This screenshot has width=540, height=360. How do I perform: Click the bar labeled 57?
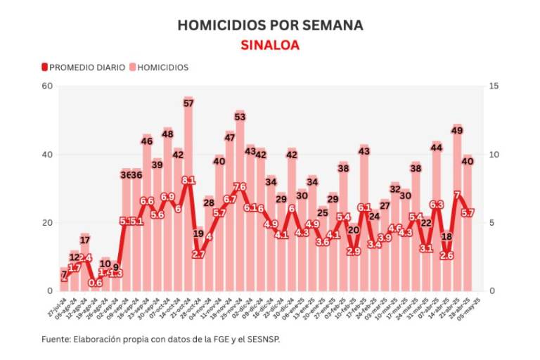click(188, 197)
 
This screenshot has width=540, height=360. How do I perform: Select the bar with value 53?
click(240, 204)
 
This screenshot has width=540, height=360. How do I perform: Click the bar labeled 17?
click(85, 267)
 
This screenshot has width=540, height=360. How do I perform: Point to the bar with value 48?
click(167, 211)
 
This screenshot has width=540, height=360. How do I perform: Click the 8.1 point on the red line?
click(188, 181)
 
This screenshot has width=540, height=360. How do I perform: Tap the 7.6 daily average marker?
click(240, 187)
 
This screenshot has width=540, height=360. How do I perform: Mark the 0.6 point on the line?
click(96, 283)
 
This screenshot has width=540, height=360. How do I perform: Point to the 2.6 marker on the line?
click(446, 256)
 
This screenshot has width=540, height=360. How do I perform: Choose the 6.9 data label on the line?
click(167, 197)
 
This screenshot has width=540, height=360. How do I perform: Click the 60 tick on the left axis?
click(47, 86)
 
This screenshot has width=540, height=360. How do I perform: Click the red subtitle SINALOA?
click(269, 45)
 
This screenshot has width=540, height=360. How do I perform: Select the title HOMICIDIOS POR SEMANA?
click(270, 25)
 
